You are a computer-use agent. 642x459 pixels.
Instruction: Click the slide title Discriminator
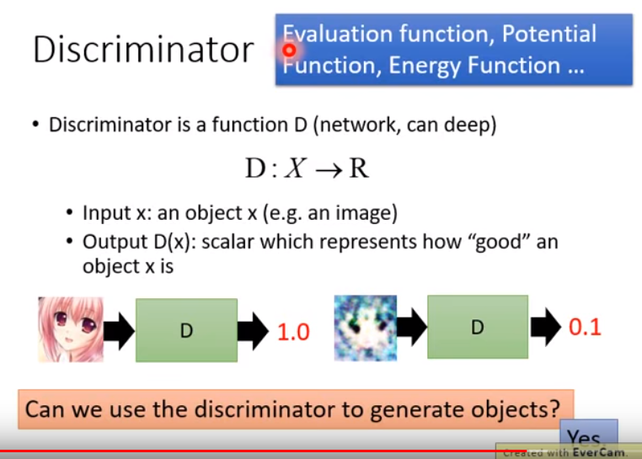(143, 50)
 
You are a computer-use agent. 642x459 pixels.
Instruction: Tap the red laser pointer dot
(290, 51)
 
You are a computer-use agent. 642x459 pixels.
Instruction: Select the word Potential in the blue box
(549, 34)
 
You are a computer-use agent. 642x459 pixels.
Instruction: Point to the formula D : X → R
(307, 168)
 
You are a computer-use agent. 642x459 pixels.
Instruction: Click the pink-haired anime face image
(71, 329)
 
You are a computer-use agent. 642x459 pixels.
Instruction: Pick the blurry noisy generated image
(365, 328)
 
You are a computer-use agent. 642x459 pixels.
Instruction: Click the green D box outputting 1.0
(187, 330)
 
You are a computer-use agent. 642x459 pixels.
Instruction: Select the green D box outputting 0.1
(478, 327)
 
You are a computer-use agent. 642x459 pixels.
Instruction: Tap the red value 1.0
(293, 332)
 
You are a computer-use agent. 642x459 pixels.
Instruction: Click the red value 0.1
(585, 327)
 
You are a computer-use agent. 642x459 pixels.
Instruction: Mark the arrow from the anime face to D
(119, 331)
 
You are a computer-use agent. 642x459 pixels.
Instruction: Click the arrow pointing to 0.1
(546, 327)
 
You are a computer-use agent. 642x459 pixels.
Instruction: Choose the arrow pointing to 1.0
(253, 331)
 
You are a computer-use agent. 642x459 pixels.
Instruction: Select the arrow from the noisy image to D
(411, 328)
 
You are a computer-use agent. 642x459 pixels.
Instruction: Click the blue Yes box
(589, 434)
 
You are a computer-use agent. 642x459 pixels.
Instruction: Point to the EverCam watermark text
(565, 452)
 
